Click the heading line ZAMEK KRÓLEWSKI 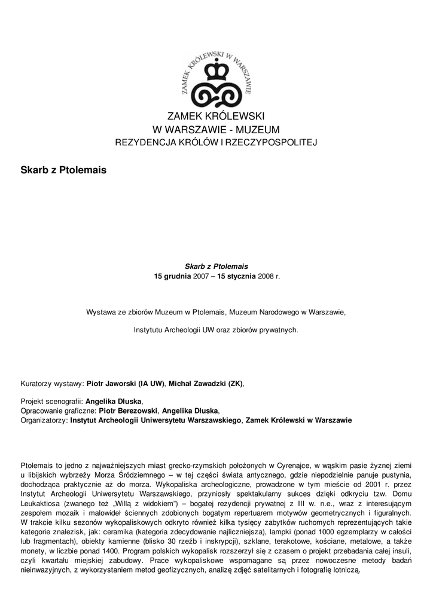(216, 116)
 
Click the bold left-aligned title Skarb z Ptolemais (63, 170)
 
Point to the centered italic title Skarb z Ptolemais (216, 266)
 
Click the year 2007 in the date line (202, 277)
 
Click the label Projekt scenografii (51, 402)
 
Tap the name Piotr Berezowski (129, 411)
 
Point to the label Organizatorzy (44, 420)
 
